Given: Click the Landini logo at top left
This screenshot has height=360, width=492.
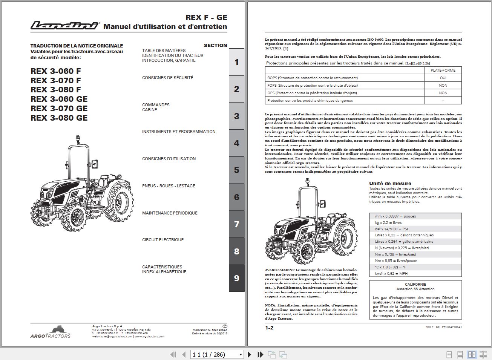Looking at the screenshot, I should point(64,25).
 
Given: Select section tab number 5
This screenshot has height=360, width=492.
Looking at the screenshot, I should point(237,170).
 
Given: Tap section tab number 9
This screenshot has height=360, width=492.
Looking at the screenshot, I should point(237,278).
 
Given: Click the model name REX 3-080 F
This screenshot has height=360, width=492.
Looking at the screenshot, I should point(56,90).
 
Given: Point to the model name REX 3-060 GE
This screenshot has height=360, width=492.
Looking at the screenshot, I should point(59,99).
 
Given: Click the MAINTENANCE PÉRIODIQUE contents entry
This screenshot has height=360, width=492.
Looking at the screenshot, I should point(170,213).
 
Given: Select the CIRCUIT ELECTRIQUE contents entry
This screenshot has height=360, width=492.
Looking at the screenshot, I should point(163,240).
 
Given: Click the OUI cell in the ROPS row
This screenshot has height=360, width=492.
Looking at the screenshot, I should point(443,78).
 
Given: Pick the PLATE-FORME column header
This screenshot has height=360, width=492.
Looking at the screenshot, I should point(443,70).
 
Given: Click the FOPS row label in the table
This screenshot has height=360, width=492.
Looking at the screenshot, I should point(313,86).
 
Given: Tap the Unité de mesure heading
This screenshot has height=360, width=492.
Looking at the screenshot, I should point(390,184).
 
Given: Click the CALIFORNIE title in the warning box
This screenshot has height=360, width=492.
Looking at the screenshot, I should point(415,285).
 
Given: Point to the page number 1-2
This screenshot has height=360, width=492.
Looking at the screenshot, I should point(269,328).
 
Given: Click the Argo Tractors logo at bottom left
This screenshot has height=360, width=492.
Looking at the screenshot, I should point(50,332).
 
